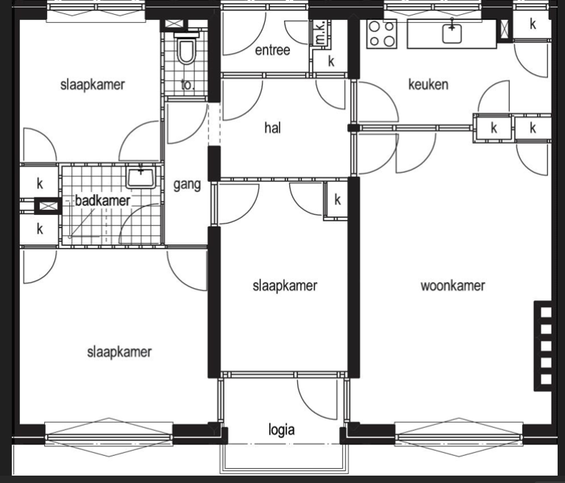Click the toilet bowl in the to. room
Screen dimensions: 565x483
[187, 49]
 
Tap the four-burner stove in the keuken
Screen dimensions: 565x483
[382, 34]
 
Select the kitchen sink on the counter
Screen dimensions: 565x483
[452, 33]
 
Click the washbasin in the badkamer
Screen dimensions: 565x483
[141, 177]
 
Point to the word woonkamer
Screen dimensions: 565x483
[452, 286]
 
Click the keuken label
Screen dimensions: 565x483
[428, 85]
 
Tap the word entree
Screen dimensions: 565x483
[272, 50]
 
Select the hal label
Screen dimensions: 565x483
[272, 127]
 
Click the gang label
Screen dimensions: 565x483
[187, 185]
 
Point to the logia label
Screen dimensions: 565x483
[282, 430]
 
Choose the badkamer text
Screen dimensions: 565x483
[103, 200]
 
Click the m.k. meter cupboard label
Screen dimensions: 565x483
[320, 32]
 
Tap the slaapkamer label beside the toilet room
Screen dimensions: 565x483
[93, 85]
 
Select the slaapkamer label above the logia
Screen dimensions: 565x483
[285, 286]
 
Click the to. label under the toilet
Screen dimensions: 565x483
[188, 85]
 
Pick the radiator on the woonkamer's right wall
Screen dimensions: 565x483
[543, 346]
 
